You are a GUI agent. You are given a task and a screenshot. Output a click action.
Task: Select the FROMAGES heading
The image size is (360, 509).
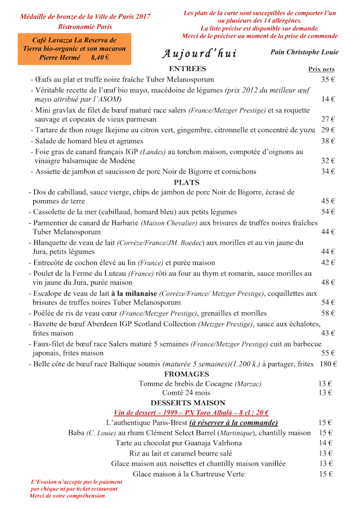click(187, 374)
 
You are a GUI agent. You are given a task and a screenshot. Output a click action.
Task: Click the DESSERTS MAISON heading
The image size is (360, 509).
click(187, 403)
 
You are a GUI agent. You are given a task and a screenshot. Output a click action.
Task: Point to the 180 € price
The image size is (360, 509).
click(327, 364)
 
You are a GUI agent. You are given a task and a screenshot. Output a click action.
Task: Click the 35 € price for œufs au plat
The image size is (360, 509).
click(328, 79)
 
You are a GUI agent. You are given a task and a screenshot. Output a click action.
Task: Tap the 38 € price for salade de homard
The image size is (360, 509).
click(328, 141)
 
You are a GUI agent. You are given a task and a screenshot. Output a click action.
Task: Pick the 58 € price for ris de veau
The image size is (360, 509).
click(328, 313)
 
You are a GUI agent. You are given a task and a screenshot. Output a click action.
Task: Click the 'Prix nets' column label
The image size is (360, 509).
click(321, 69)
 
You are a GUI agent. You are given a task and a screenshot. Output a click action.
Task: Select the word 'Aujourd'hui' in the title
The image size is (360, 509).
click(199, 53)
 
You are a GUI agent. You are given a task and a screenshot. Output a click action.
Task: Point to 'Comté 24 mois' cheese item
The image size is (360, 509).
click(186, 393)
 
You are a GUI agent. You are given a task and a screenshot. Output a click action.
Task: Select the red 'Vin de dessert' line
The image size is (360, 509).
click(191, 412)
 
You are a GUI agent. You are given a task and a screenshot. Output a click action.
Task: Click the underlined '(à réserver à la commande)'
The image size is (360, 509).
click(233, 422)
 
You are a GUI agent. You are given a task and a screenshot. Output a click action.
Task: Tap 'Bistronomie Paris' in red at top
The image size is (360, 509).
click(85, 26)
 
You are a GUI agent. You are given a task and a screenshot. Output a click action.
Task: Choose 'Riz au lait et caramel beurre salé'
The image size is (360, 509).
click(181, 453)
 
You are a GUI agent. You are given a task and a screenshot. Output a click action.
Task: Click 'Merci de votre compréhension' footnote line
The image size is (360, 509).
click(67, 496)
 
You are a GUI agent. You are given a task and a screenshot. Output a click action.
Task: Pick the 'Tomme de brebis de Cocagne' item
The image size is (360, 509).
click(200, 384)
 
